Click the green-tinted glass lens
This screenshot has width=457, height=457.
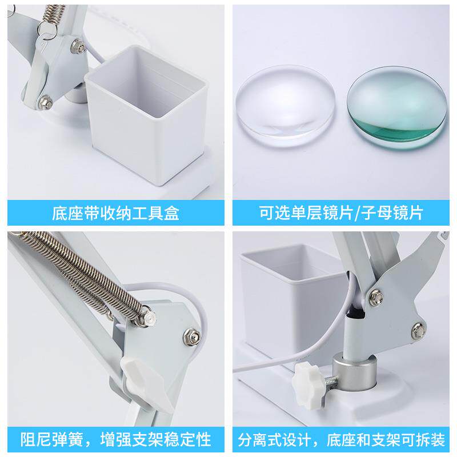(x=396, y=107)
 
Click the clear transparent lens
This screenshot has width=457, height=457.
(x=285, y=105)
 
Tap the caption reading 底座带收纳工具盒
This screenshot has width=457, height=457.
(x=116, y=213)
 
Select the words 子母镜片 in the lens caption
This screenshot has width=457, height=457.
(x=392, y=213)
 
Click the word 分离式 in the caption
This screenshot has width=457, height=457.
(x=261, y=439)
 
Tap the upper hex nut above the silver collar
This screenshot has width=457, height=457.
(x=376, y=296)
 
